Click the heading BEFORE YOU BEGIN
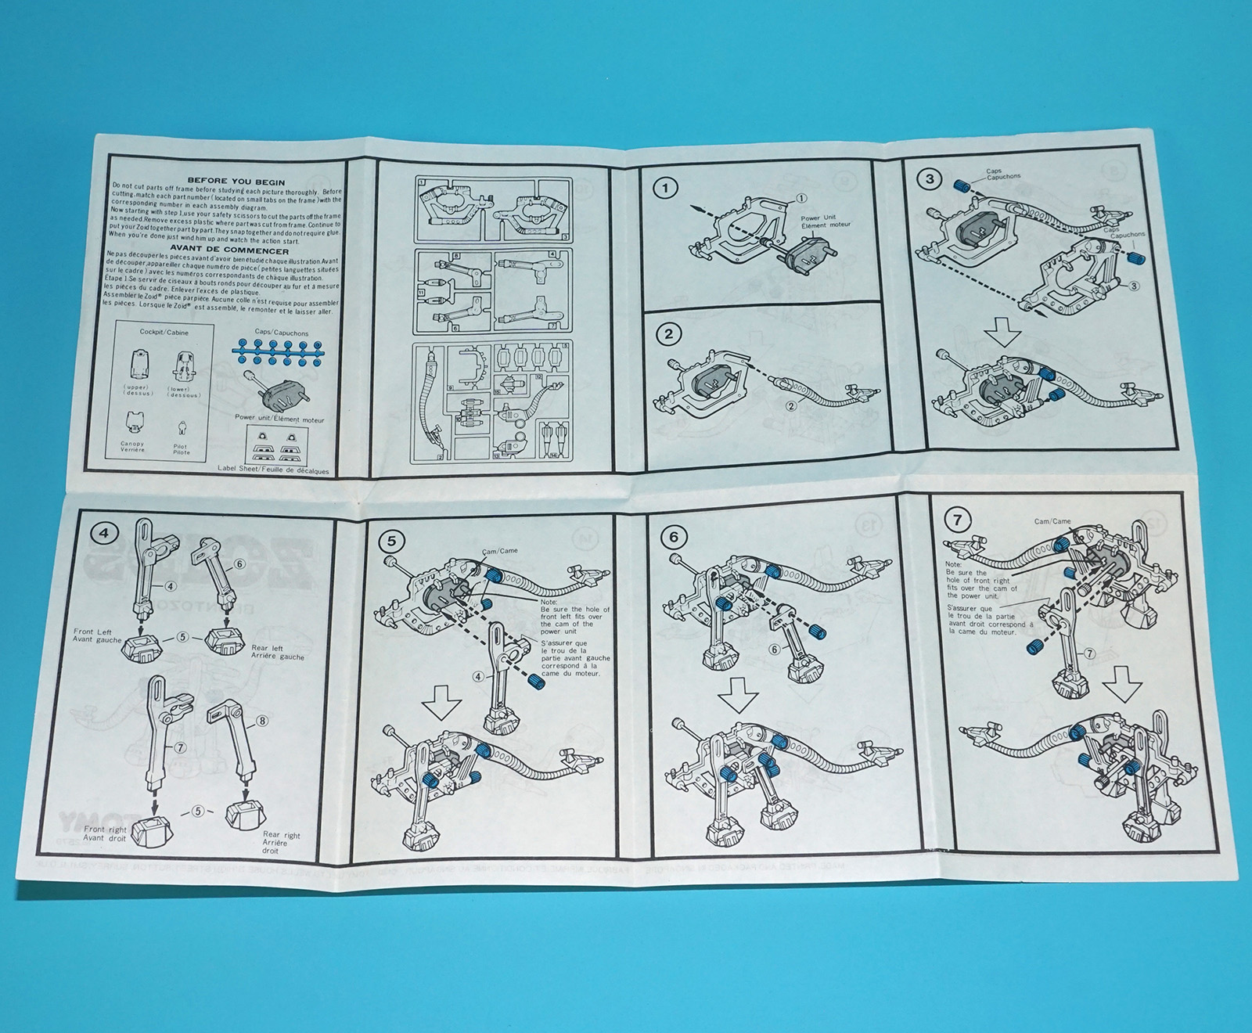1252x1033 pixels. (236, 182)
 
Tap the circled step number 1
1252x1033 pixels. (666, 188)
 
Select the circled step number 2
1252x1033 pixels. (667, 334)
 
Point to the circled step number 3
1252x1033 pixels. (930, 178)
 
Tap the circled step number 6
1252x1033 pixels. (674, 537)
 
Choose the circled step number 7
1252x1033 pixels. (958, 519)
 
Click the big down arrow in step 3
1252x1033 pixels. (1003, 334)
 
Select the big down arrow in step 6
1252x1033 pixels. (739, 693)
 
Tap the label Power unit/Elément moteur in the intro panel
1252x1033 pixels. (279, 419)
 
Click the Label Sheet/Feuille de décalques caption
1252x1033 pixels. (273, 471)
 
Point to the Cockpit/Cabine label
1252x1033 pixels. (164, 332)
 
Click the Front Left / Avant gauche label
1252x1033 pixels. (98, 635)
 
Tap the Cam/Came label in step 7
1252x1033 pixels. (1052, 521)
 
